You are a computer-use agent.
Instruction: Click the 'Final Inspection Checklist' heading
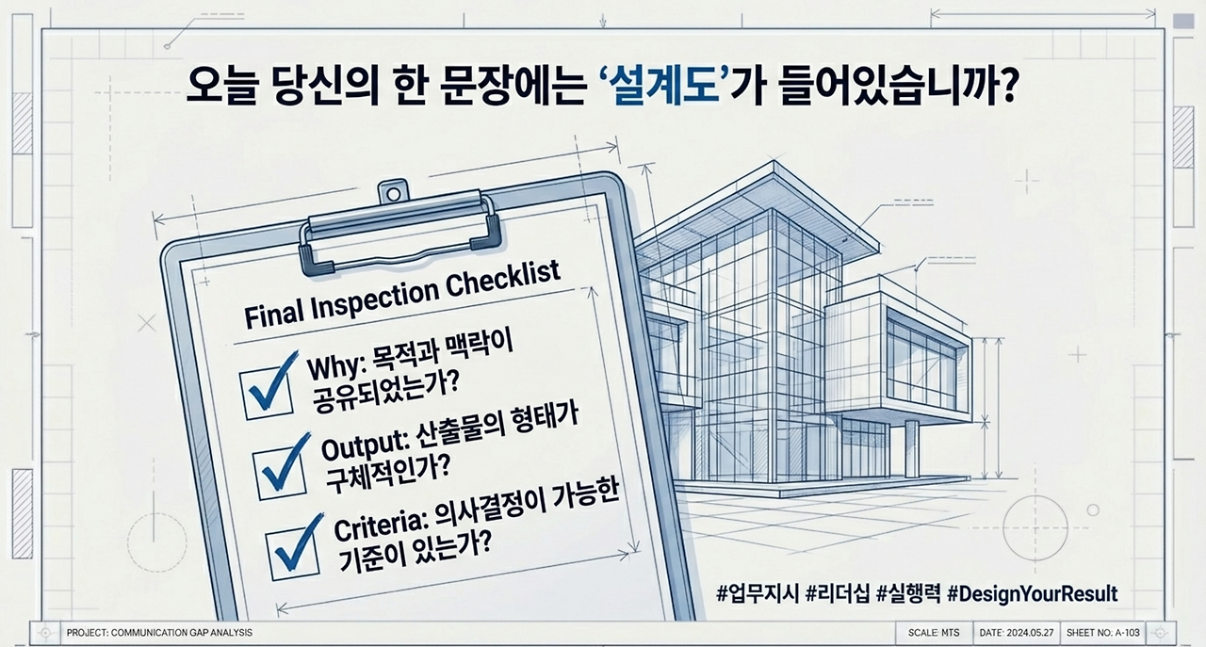coord(402,294)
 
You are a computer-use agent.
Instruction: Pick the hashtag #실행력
coord(910,594)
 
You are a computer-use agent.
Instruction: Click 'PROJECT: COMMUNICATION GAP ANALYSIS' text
coord(159,633)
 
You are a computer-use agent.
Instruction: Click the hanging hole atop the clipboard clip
coord(390,190)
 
